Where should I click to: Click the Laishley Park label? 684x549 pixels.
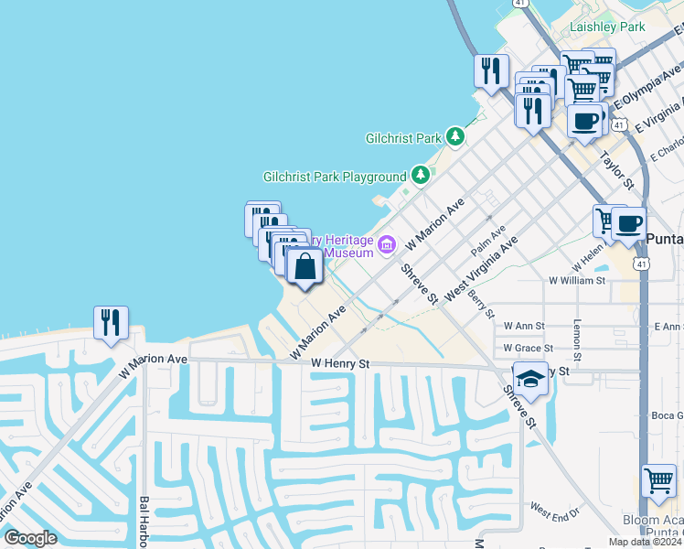607,27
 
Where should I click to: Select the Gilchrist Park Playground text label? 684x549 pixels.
334,177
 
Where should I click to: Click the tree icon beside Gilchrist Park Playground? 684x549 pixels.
420,174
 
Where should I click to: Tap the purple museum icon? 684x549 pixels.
387,244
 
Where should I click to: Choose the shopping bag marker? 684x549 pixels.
305,267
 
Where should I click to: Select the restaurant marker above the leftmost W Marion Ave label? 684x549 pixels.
111,323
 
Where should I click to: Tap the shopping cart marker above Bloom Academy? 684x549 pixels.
657,479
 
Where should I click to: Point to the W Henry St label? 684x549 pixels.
339,364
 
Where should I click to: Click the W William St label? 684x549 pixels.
576,281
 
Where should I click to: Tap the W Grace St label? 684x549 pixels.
528,349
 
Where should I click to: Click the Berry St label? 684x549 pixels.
480,300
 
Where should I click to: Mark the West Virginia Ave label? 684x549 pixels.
481,268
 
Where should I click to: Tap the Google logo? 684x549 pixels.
30,538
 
